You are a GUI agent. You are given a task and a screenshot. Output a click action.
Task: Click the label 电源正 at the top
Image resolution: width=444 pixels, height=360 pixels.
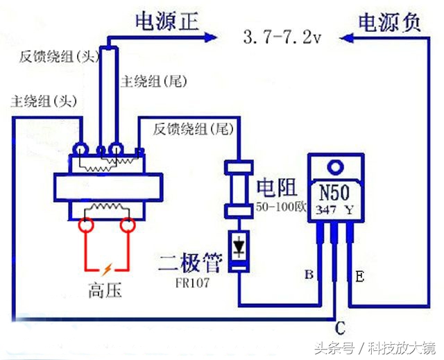tap(166, 22)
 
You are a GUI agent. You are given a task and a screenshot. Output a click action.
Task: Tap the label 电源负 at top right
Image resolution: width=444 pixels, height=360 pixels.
tap(389, 22)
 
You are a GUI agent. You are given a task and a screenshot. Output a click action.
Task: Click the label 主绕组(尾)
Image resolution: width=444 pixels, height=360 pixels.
tap(154, 81)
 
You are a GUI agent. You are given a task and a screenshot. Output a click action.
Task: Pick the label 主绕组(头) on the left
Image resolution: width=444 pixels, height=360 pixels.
tap(42, 101)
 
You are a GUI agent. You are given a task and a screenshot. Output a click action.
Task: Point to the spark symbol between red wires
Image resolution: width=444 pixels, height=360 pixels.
tap(106, 269)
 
